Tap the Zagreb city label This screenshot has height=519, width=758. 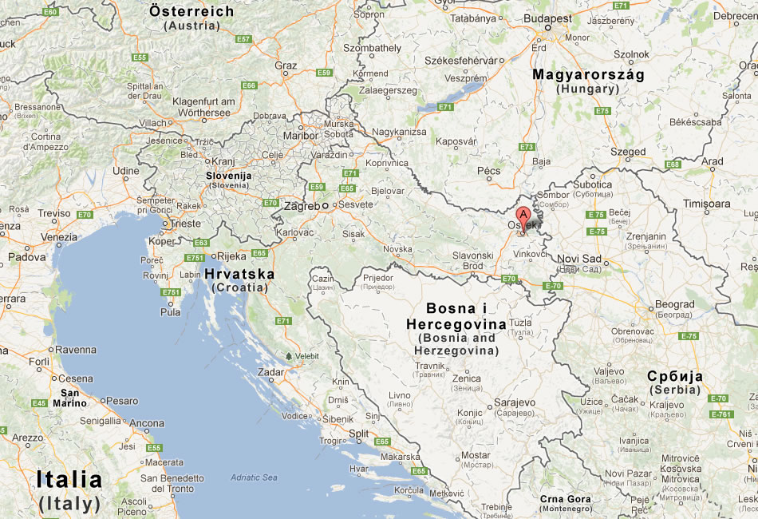[x=302, y=205]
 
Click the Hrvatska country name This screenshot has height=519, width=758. [x=239, y=274]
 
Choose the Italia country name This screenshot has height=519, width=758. [x=69, y=480]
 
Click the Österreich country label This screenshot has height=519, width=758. [x=191, y=11]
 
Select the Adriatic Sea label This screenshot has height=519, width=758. [x=254, y=477]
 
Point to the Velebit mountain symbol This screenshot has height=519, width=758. [x=287, y=355]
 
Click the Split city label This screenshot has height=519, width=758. [x=360, y=433]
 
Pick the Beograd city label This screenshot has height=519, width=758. [x=675, y=304]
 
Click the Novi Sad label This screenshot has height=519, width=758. [x=578, y=258]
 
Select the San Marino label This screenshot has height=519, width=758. [x=69, y=398]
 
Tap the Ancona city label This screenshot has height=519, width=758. [x=147, y=423]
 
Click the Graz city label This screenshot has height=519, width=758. [x=286, y=65]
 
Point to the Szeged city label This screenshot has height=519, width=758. [x=629, y=152]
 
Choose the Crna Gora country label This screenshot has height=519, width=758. [x=565, y=499]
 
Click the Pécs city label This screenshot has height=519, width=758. [x=488, y=170]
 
